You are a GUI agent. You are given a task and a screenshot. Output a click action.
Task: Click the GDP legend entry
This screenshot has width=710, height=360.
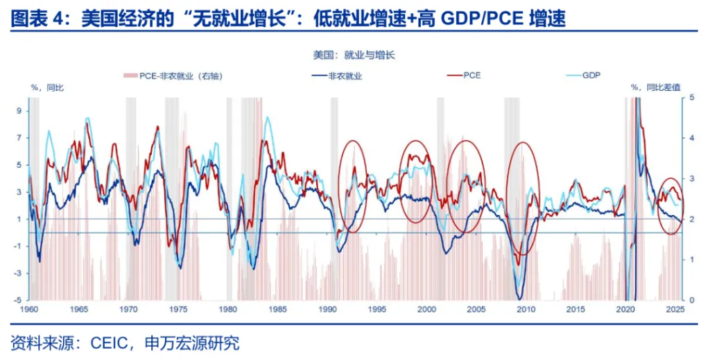(x=591, y=75)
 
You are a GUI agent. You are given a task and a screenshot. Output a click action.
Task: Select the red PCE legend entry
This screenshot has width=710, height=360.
(x=472, y=75)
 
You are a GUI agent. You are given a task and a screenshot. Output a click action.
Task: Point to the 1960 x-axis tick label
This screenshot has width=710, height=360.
(x=29, y=309)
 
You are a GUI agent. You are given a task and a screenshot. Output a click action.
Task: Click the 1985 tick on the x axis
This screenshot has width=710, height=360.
(x=277, y=309)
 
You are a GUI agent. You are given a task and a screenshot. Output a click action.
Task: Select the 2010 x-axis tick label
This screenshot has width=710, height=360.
(x=525, y=309)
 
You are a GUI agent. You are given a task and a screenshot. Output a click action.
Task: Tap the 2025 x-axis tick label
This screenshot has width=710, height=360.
(x=674, y=309)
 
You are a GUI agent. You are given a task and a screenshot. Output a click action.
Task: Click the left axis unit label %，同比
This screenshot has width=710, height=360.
(x=46, y=88)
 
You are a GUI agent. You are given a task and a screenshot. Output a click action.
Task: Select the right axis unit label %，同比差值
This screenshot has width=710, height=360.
(x=655, y=88)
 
